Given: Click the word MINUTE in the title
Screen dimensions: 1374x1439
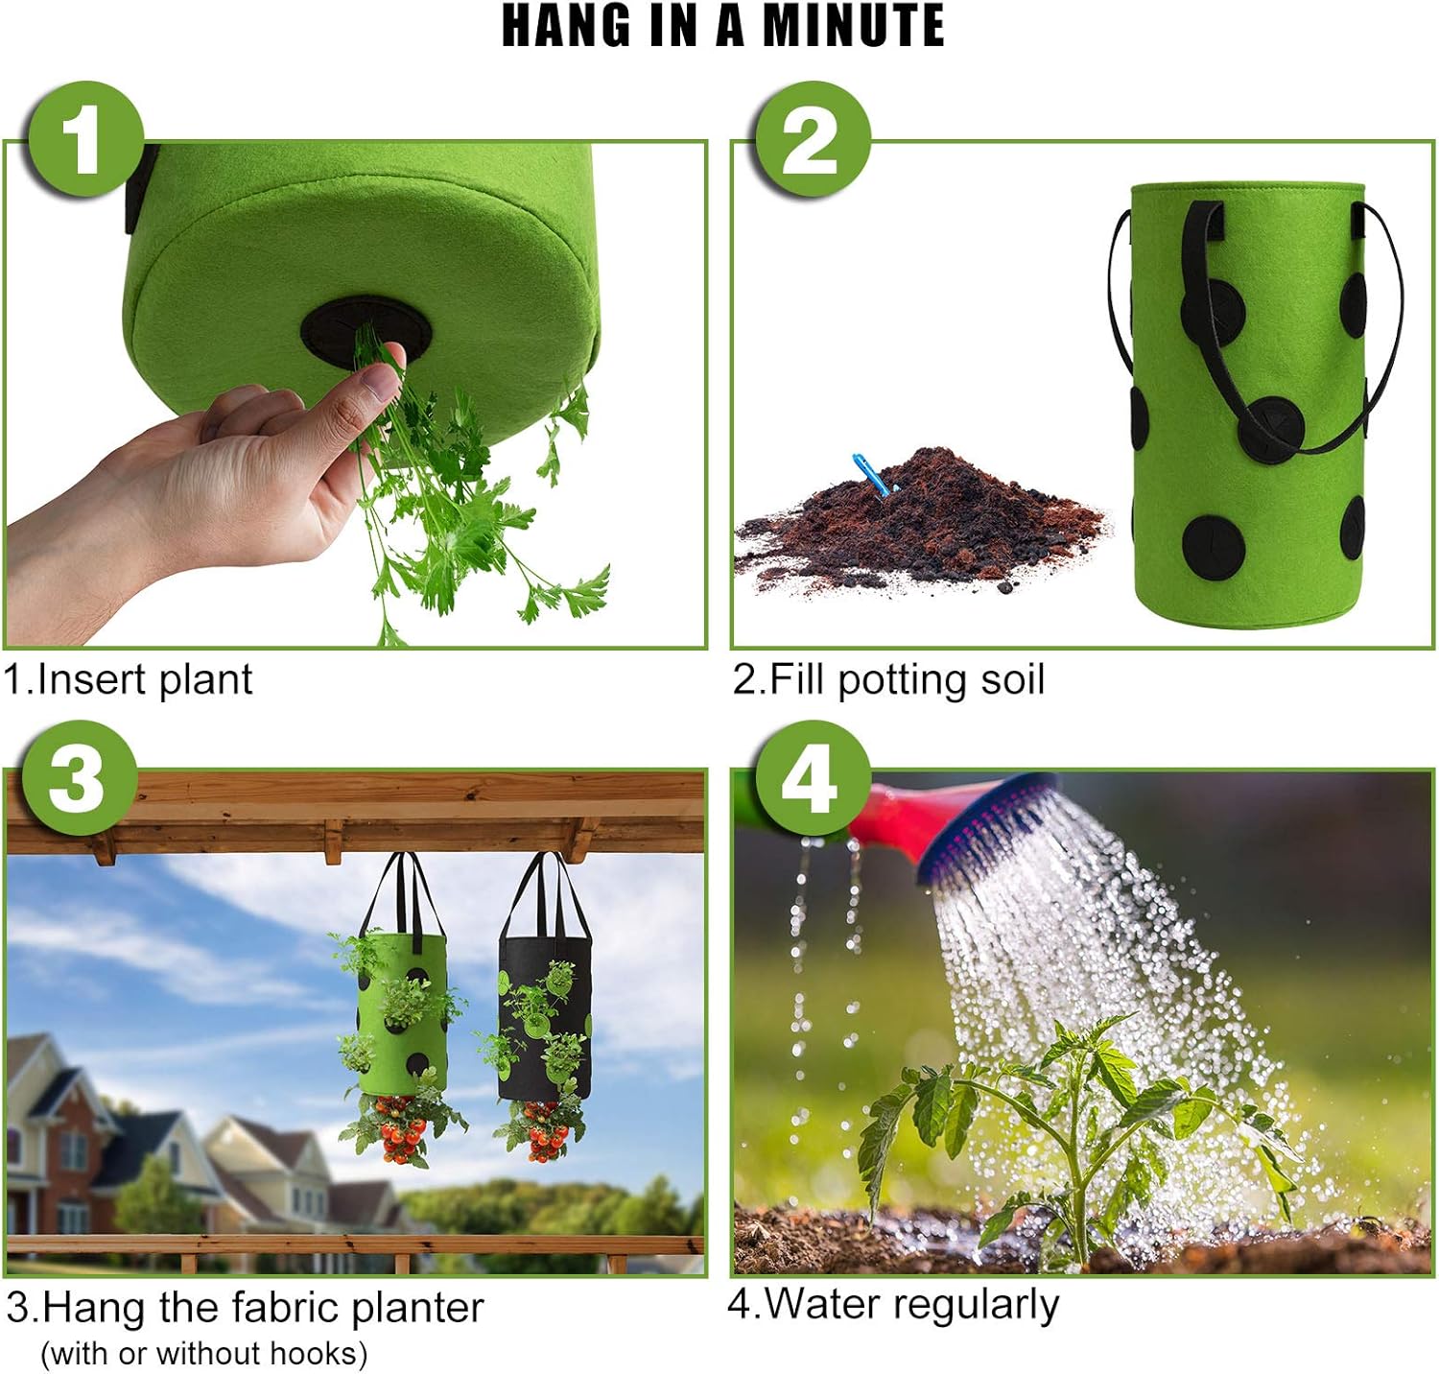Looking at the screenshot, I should tap(853, 26).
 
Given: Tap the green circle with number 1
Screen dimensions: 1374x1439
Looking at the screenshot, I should tap(86, 140).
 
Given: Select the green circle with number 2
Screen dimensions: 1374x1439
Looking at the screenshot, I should tap(812, 140).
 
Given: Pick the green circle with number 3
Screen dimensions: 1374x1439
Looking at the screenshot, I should tap(78, 777).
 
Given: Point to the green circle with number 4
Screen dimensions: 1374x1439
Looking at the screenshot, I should tap(812, 778).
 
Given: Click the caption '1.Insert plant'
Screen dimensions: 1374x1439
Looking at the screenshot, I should tap(128, 679).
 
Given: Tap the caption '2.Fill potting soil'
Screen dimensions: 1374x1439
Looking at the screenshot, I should tap(888, 679).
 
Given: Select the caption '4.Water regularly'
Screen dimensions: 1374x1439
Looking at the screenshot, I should tap(893, 1304).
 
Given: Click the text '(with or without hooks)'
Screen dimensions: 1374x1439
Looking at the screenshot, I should tap(204, 1353).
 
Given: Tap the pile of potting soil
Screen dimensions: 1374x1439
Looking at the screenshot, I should tap(921, 523).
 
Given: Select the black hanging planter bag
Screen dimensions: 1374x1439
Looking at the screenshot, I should tap(544, 1017).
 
